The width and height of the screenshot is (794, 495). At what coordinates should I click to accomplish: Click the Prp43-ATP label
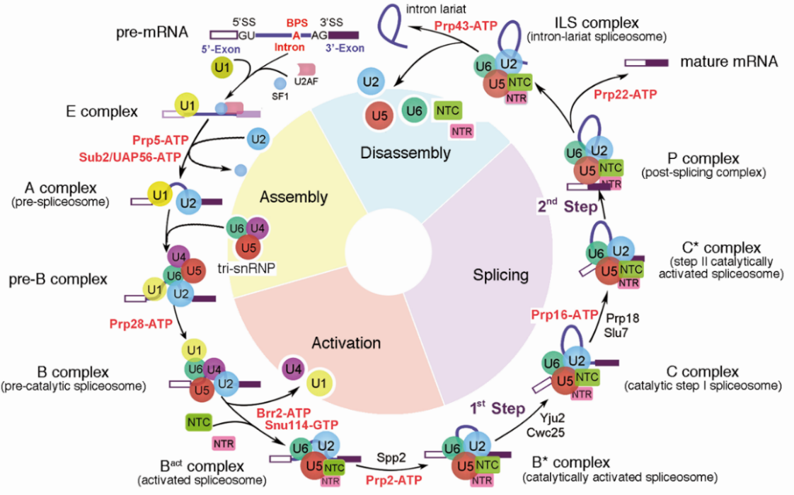coord(466,26)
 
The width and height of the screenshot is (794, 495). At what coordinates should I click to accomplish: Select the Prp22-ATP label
coord(626,94)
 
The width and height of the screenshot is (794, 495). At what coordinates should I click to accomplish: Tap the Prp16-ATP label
coord(565,315)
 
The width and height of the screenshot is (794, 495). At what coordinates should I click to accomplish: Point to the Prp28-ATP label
coord(141,323)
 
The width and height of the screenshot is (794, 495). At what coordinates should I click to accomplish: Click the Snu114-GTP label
coord(301,425)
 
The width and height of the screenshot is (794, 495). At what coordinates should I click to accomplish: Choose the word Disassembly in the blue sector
coord(405,153)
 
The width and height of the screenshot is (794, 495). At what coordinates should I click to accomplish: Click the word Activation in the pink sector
coord(346,343)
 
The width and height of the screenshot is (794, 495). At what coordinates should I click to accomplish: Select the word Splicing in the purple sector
coord(500,275)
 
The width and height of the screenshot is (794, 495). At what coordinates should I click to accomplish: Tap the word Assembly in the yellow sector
coord(294,197)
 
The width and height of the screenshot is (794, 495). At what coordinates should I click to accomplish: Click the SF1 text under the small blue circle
coord(280,96)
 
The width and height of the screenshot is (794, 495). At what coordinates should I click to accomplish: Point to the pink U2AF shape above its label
coord(306,69)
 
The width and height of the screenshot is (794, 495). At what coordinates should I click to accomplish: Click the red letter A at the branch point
coord(297,35)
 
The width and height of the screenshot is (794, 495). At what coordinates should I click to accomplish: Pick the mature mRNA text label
coord(729,62)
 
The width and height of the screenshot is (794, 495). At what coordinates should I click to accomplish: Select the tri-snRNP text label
coord(246,268)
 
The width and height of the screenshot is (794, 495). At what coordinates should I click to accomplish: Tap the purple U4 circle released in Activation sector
coord(293,369)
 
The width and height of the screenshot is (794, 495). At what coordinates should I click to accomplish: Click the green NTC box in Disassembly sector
coord(448,110)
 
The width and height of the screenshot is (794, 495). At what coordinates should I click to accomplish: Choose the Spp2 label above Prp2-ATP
coord(391,458)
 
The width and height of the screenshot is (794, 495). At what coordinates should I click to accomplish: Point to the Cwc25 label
coord(546,432)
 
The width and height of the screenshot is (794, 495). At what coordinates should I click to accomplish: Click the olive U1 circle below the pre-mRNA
coord(221,67)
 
